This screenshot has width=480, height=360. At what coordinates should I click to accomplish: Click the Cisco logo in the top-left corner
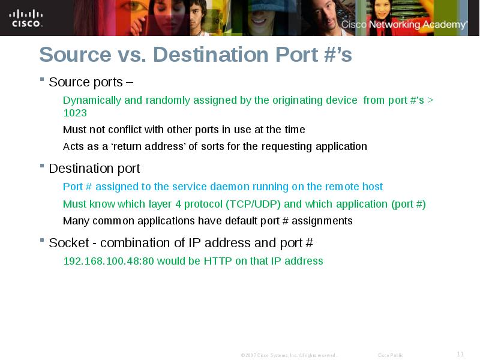[26, 18]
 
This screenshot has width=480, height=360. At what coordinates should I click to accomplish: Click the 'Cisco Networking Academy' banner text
[404, 25]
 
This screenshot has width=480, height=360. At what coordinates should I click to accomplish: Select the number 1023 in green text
[75, 113]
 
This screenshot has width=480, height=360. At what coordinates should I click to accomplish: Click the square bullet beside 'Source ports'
[42, 79]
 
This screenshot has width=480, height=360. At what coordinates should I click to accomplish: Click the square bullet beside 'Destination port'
[42, 166]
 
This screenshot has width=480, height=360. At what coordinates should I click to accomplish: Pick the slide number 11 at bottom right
[460, 354]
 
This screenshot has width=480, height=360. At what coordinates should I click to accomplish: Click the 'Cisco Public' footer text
[391, 356]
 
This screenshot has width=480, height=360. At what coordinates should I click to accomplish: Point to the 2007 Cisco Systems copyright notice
[289, 356]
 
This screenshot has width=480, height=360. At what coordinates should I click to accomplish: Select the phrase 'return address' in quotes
[148, 146]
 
